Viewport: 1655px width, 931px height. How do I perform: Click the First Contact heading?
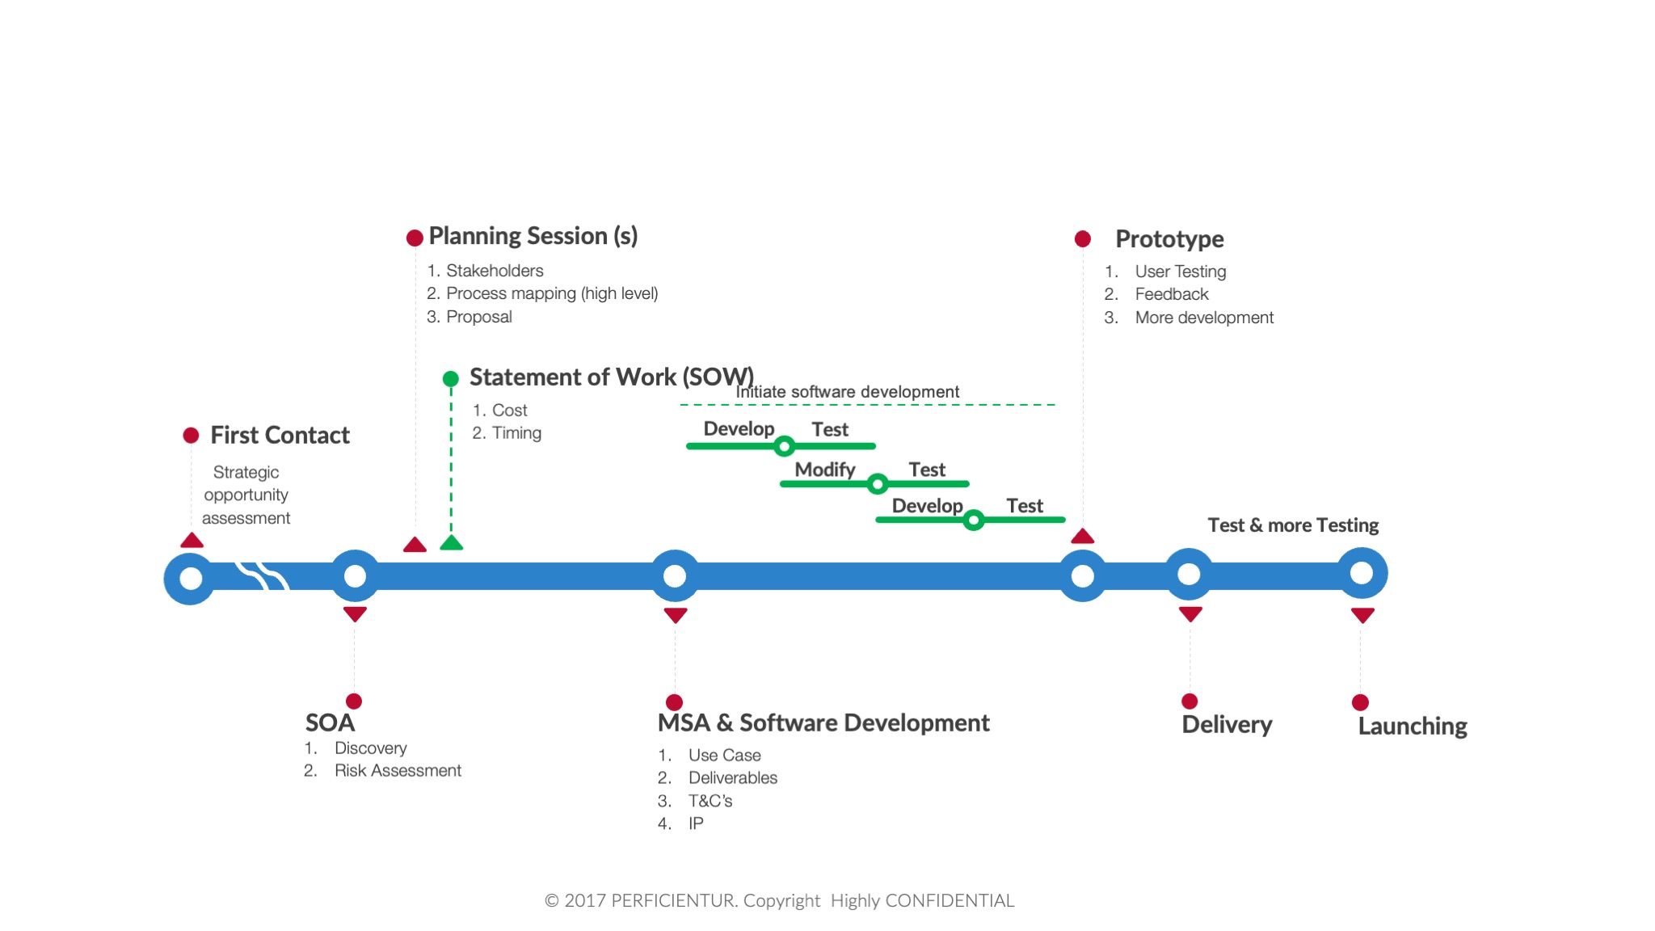pos(280,436)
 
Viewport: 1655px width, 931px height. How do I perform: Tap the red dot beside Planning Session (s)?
pos(415,238)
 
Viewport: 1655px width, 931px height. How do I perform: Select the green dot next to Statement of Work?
pos(451,378)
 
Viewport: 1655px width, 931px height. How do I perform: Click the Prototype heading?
pos(1169,239)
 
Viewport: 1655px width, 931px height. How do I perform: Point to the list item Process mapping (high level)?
pos(552,293)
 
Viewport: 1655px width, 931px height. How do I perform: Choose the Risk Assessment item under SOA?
pos(398,770)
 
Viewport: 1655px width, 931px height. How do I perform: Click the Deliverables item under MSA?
pos(733,777)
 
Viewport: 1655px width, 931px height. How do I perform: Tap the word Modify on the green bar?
pos(824,470)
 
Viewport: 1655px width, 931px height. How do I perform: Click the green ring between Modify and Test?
pos(878,484)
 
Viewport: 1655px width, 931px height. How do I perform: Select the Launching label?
pos(1413,727)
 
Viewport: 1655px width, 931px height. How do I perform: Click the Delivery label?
pos(1227,724)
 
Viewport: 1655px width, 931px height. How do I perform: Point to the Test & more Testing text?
pos(1293,525)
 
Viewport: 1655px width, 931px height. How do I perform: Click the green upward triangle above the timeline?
pos(451,542)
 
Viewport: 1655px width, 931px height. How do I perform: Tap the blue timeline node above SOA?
pos(355,576)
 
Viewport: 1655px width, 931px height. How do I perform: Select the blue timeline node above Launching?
pos(1362,573)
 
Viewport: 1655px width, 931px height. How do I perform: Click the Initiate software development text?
pos(847,392)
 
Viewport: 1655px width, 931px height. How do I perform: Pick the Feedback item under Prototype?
pos(1172,294)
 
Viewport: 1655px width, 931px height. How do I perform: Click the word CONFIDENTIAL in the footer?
pos(950,900)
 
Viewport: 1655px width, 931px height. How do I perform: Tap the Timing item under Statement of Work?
pos(516,433)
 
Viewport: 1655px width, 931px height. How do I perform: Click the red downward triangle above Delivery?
pos(1190,614)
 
